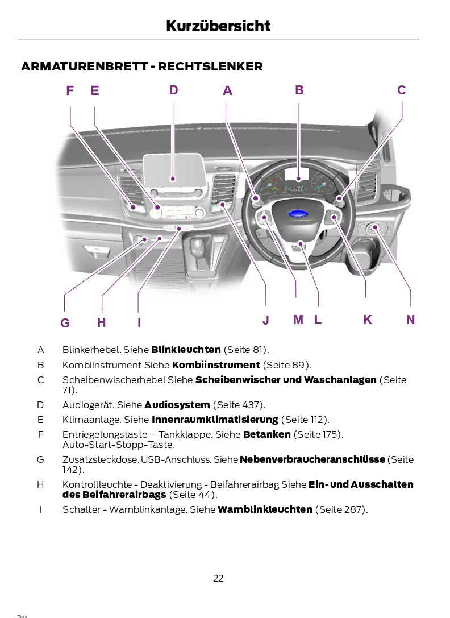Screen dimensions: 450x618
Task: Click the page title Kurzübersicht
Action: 218,26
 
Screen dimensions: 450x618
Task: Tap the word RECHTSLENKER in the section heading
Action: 210,66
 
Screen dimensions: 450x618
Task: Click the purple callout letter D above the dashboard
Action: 173,90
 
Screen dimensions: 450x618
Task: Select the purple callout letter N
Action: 411,320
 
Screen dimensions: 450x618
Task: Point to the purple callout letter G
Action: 65,323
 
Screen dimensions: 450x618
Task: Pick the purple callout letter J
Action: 266,320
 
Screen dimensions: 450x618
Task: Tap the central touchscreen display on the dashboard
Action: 174,170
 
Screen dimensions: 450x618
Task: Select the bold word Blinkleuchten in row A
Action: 186,350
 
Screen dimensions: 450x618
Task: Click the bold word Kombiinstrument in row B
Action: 216,365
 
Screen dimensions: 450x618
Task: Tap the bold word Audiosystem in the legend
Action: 177,405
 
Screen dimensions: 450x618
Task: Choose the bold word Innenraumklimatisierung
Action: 215,420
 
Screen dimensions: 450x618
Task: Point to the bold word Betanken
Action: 267,434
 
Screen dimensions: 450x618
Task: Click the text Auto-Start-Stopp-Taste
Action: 118,445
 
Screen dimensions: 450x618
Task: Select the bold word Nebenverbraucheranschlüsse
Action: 312,459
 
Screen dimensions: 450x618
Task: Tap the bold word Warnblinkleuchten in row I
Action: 265,509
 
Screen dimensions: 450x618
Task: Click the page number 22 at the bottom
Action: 218,578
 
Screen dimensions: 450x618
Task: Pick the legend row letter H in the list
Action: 40,484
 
